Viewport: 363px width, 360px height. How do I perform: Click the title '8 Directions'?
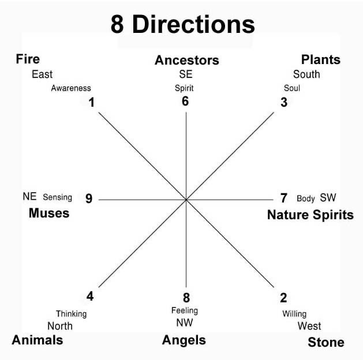(x=182, y=25)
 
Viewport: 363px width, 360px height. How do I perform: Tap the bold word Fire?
(x=28, y=59)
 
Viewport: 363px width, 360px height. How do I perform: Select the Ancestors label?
(x=187, y=60)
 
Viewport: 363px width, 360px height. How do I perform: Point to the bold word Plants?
(x=321, y=59)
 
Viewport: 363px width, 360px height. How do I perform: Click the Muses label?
(x=49, y=213)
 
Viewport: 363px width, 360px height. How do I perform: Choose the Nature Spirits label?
(x=310, y=215)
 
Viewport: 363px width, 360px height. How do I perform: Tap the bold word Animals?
(x=38, y=340)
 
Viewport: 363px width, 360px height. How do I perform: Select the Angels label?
(x=184, y=340)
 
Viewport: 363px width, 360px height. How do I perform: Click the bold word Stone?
(x=326, y=342)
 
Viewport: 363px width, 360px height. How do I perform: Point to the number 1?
(x=91, y=103)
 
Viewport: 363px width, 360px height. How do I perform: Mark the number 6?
(x=185, y=101)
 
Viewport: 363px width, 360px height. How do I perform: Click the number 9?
(x=89, y=198)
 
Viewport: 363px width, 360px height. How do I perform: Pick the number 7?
(x=283, y=198)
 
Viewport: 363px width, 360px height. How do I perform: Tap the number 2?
(x=283, y=298)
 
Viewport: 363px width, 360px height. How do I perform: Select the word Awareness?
(x=71, y=88)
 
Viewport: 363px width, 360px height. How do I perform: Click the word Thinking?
(x=71, y=314)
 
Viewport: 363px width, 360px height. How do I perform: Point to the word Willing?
(x=294, y=314)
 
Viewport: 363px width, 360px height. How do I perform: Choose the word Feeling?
(x=185, y=311)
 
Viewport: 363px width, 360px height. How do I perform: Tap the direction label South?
(x=306, y=74)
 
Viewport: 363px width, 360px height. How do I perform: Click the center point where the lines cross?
(x=186, y=200)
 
